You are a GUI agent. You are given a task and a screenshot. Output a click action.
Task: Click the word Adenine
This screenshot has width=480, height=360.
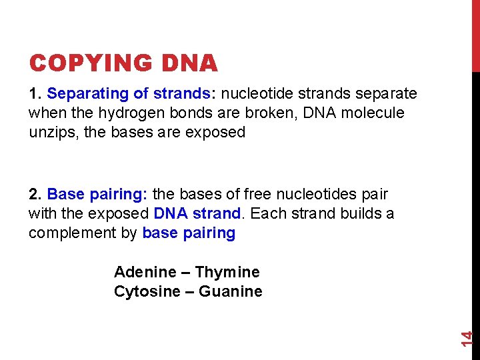[145, 272]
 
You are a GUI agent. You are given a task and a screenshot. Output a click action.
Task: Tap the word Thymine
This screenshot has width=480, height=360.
[227, 272]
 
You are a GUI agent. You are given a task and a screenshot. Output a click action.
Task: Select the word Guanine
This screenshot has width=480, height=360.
[231, 291]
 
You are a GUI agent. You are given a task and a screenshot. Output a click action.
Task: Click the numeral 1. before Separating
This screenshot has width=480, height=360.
[35, 93]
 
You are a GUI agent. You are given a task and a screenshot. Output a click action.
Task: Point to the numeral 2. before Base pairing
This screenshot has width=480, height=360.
[35, 195]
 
